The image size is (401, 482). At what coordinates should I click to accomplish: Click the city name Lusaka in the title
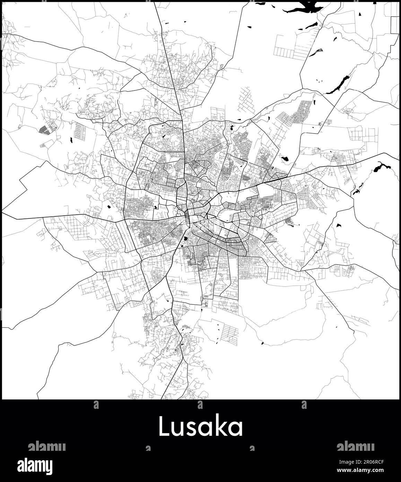(201, 427)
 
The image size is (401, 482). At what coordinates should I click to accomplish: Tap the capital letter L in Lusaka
(165, 427)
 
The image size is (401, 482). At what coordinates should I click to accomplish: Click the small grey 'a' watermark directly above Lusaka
(200, 405)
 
